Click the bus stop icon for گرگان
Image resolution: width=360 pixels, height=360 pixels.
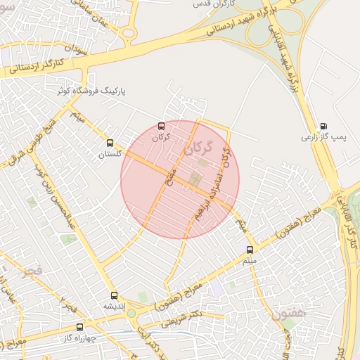tap(162, 127)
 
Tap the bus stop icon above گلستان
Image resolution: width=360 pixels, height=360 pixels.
tap(109, 143)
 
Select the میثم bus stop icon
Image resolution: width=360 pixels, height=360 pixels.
tap(250, 249)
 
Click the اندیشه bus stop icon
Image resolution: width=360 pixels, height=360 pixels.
tap(114, 295)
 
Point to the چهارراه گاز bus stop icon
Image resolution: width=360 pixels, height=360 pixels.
tap(79, 327)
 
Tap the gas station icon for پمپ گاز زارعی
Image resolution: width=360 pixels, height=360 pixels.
tap(323, 127)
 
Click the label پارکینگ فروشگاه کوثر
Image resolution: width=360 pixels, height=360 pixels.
tap(97, 91)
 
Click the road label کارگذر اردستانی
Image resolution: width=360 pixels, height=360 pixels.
tap(38, 67)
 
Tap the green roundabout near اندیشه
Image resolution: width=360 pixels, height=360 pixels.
tap(131, 313)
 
